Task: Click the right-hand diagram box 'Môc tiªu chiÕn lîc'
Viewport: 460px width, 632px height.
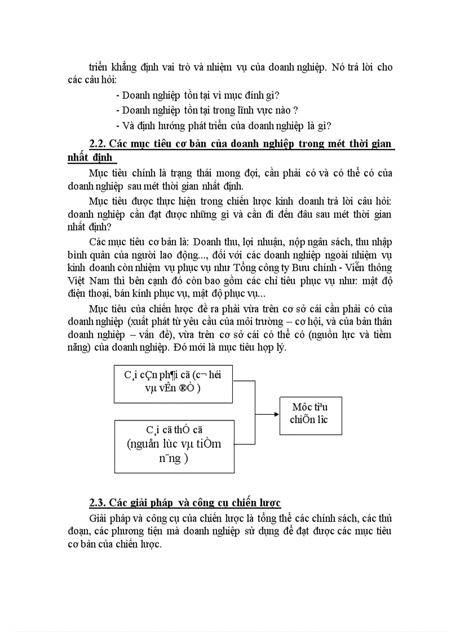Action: pos(311,414)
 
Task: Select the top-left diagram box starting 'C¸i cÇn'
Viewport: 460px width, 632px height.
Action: pos(173,384)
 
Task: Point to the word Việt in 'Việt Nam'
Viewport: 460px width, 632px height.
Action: pos(77,280)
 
